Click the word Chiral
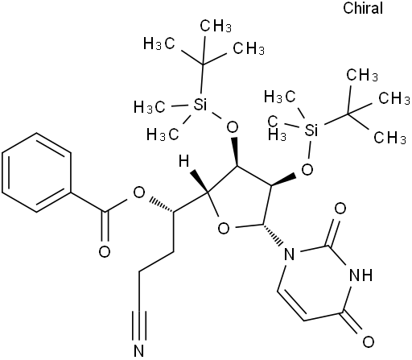(363, 8)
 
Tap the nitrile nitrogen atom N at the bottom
(139, 350)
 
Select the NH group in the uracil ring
(361, 275)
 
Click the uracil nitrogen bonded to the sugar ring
(289, 254)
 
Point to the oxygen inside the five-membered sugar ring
(224, 229)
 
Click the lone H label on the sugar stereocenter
(184, 162)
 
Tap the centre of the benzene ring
(36, 173)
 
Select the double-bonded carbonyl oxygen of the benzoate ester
(105, 251)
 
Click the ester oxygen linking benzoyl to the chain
(139, 192)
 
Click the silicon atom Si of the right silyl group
(311, 130)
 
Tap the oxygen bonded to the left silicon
(232, 126)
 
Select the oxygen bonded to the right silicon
(307, 169)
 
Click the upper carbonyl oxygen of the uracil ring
(340, 209)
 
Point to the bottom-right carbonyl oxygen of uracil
(369, 341)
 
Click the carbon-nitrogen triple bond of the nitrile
(139, 326)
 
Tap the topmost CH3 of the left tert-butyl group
(216, 26)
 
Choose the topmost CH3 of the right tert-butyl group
(362, 74)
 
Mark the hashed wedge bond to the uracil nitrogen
(273, 234)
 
